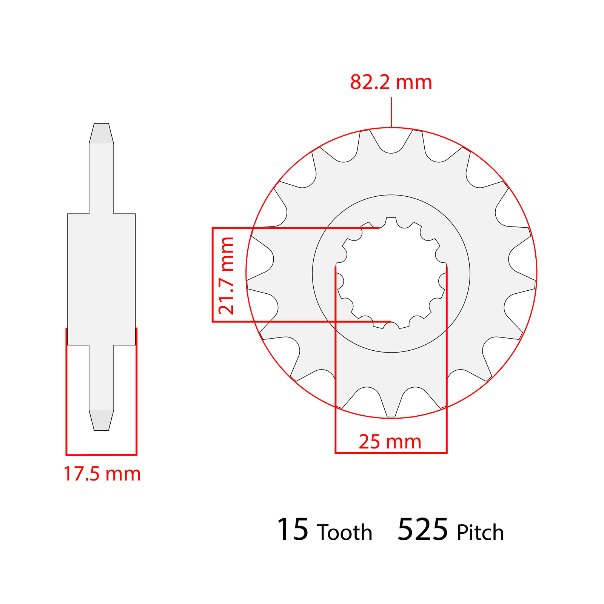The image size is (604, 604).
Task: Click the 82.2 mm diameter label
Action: point(391,82)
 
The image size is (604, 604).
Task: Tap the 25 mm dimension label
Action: point(390,442)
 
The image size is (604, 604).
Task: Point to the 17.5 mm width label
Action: point(102,474)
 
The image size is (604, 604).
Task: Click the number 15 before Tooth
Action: point(293,530)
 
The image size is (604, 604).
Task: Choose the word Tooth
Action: point(345,532)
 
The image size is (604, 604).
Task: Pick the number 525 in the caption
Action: point(423,530)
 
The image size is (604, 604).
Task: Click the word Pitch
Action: point(480,532)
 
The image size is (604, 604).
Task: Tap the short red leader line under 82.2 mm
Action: point(391,112)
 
